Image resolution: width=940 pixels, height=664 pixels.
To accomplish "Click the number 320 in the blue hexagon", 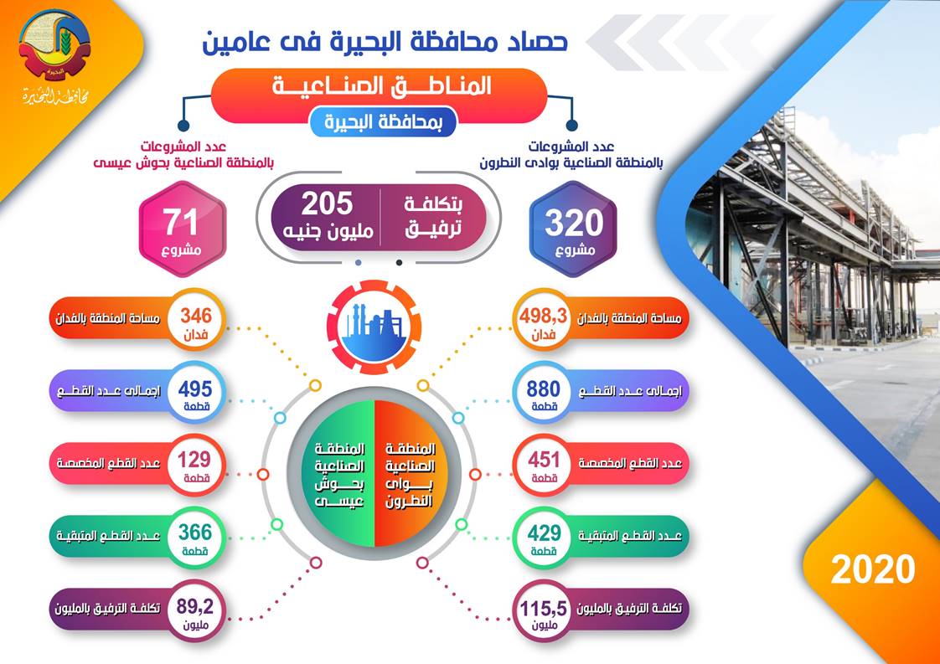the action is (574, 223).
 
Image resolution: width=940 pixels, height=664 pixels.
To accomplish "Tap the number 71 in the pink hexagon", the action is (181, 223).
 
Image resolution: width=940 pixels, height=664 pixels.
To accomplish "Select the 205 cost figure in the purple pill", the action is (328, 204).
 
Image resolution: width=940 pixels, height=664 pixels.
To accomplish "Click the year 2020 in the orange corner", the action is (872, 569).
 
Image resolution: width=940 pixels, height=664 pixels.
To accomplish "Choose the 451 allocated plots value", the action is (544, 460).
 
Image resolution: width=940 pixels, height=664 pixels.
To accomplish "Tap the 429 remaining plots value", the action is (545, 533).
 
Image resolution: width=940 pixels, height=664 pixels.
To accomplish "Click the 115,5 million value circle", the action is (544, 611).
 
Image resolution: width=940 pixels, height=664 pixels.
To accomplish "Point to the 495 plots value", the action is (195, 389).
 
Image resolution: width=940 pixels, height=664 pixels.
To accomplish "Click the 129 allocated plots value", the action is (195, 460).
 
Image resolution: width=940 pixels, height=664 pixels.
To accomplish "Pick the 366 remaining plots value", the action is (195, 533).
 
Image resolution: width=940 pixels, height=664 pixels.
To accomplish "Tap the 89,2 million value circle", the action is (196, 610).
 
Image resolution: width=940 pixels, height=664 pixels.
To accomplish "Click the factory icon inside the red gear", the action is (374, 329).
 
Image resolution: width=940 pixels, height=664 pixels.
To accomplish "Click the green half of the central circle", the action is (338, 473).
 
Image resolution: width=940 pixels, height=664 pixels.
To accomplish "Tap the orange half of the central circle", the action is (411, 473).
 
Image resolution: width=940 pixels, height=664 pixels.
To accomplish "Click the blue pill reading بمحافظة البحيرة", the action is (383, 121).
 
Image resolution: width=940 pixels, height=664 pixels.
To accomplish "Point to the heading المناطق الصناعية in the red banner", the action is (382, 86).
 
